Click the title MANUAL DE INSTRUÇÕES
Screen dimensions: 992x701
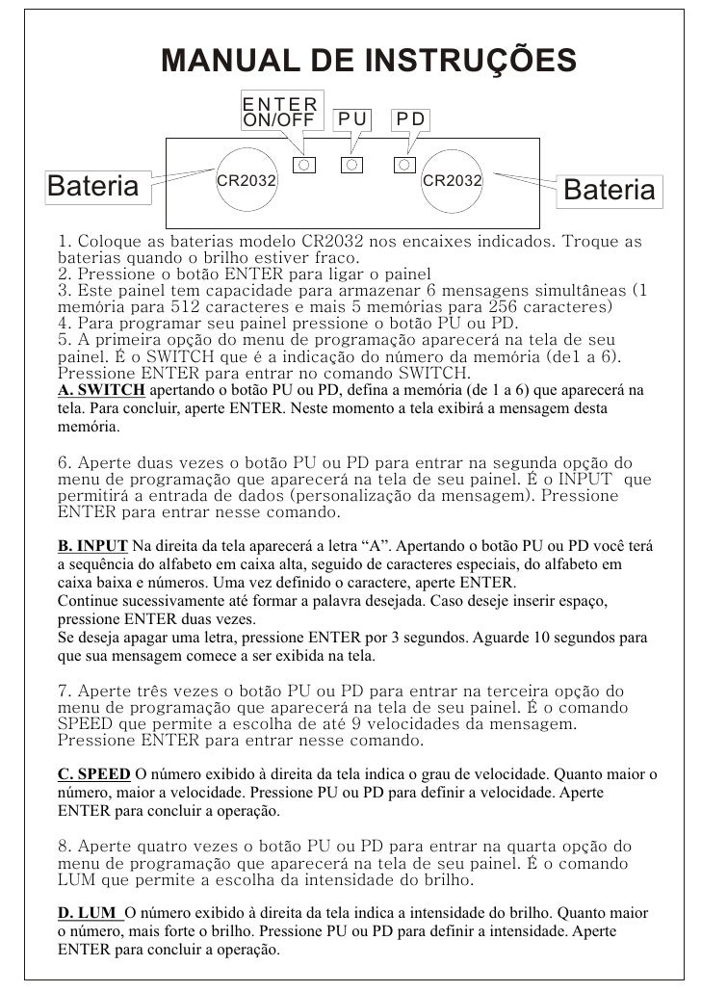[x=369, y=60]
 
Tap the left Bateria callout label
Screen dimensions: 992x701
[x=93, y=185]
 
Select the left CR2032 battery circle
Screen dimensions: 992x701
[x=246, y=181]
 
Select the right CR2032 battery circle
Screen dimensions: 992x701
[x=453, y=180]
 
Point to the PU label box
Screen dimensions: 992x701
[x=352, y=118]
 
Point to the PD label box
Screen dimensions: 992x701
[x=412, y=118]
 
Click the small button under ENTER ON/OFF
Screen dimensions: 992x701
[x=303, y=165]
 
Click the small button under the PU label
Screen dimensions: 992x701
[x=352, y=165]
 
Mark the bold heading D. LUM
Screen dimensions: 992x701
[x=89, y=912]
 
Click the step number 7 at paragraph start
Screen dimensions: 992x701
[x=63, y=692]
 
